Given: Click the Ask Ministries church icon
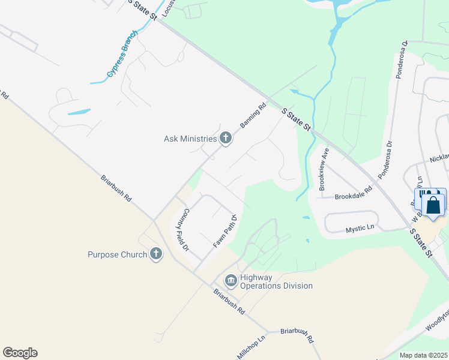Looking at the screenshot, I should coord(226,139).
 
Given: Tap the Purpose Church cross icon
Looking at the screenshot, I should coord(156,254).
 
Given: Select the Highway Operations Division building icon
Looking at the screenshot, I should coord(231,280).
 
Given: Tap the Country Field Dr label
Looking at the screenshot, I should coord(182,229).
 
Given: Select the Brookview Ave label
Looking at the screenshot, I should coord(325,169).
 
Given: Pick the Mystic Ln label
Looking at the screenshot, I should coord(360,228).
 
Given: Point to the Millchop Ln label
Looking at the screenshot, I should coord(251,347).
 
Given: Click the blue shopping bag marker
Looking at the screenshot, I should coord(433,204).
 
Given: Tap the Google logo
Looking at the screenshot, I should coord(20,353).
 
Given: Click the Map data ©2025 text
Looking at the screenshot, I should coord(423,355).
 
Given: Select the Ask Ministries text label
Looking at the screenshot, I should coord(190,139).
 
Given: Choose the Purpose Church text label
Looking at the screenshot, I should coord(117,254).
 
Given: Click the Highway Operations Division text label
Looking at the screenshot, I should coord(276,281).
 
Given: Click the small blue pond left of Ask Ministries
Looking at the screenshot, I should coord(79,112).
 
